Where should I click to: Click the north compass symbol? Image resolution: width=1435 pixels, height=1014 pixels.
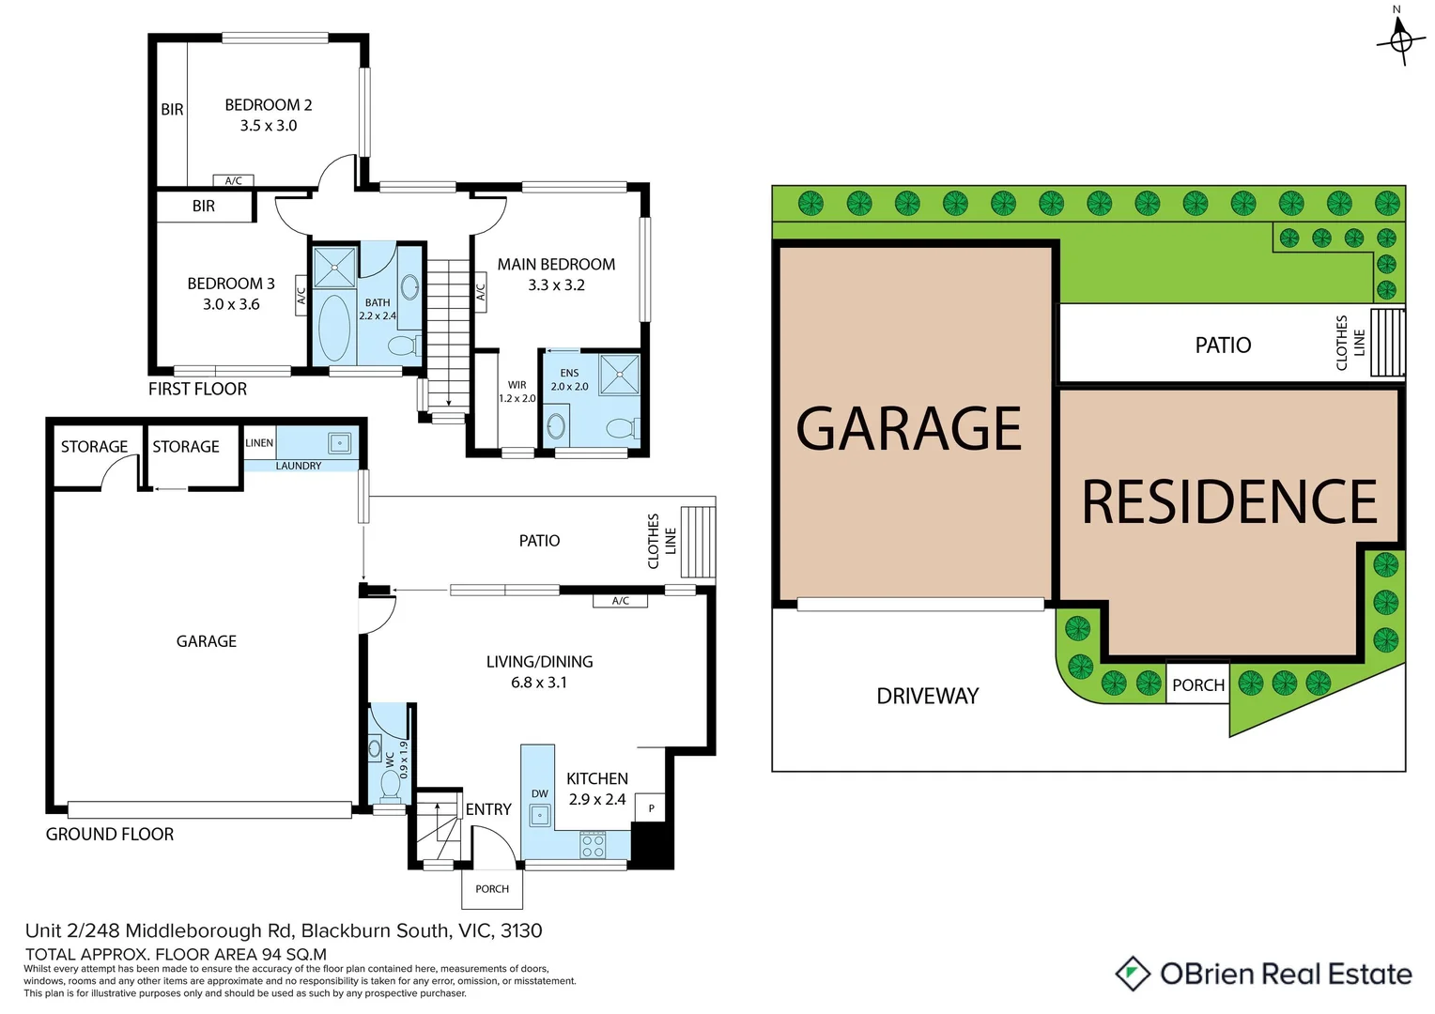point(1400,40)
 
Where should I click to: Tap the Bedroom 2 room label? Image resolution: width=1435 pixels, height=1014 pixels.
point(268,105)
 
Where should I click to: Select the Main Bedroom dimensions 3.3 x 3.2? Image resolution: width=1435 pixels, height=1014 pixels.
point(556,285)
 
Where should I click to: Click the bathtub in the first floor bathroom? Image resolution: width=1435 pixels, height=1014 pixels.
point(334,328)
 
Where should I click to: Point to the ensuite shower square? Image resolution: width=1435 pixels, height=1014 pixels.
point(619,374)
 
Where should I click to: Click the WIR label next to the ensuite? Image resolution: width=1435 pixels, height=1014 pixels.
point(517,385)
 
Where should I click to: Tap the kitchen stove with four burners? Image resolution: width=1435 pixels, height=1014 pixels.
point(593,846)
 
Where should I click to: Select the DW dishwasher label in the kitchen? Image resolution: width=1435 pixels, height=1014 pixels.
point(539,794)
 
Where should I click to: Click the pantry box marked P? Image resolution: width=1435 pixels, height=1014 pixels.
point(651,807)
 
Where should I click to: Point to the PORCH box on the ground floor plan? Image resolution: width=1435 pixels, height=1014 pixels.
point(491,889)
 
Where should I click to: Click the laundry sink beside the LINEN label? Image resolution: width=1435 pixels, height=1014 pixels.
point(339,442)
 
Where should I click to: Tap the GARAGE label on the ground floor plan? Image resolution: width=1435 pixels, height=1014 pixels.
point(207,641)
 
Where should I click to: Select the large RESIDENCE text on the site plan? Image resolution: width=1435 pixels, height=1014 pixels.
point(1228,502)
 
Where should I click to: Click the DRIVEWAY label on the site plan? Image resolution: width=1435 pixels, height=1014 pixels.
point(927,696)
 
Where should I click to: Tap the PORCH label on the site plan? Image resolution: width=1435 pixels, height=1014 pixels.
point(1197,685)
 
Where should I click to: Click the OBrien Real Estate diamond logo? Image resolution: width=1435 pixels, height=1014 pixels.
point(1133,974)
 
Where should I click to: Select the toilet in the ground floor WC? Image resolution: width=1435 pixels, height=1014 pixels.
point(391,785)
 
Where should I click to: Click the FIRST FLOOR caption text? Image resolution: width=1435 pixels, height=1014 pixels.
point(197,389)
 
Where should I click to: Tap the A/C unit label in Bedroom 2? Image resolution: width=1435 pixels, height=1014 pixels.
point(233,180)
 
